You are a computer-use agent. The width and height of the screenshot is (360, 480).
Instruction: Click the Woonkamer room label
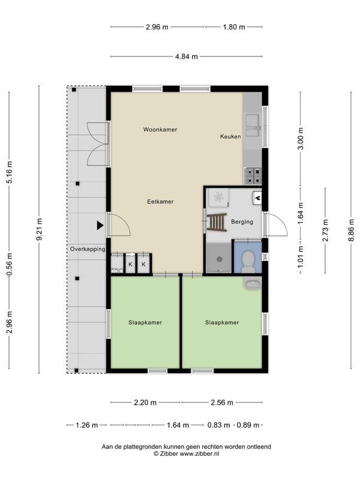point(160,130)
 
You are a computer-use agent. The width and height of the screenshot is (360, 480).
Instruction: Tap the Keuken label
point(230,137)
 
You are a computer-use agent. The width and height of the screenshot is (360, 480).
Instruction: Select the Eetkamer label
point(160,202)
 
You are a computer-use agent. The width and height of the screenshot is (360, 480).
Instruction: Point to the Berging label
point(242,221)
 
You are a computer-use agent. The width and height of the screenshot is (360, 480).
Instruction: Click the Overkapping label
point(88,249)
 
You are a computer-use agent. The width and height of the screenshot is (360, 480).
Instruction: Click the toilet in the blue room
point(248,262)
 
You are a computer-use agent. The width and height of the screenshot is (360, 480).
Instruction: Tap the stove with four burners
point(253,176)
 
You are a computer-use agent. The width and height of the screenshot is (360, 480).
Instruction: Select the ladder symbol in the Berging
point(217,222)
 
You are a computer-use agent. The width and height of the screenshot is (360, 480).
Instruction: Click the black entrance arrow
point(100,226)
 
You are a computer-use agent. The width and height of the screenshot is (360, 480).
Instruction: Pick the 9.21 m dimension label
point(40,229)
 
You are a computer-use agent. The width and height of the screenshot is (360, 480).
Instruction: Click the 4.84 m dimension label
point(187,56)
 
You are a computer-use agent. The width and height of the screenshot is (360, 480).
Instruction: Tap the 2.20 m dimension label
point(145,403)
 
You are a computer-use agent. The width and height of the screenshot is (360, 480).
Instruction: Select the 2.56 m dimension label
point(222,403)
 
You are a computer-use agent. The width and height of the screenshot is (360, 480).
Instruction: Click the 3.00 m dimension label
point(301,139)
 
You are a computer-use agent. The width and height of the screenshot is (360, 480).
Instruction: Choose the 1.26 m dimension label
point(86,425)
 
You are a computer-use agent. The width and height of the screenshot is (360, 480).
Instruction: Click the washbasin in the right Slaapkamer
point(253,283)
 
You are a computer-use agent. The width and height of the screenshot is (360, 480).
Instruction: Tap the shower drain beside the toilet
point(219,259)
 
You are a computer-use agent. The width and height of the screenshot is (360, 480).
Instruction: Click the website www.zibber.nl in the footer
point(199,454)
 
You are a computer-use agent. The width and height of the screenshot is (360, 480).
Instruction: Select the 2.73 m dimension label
point(325,230)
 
